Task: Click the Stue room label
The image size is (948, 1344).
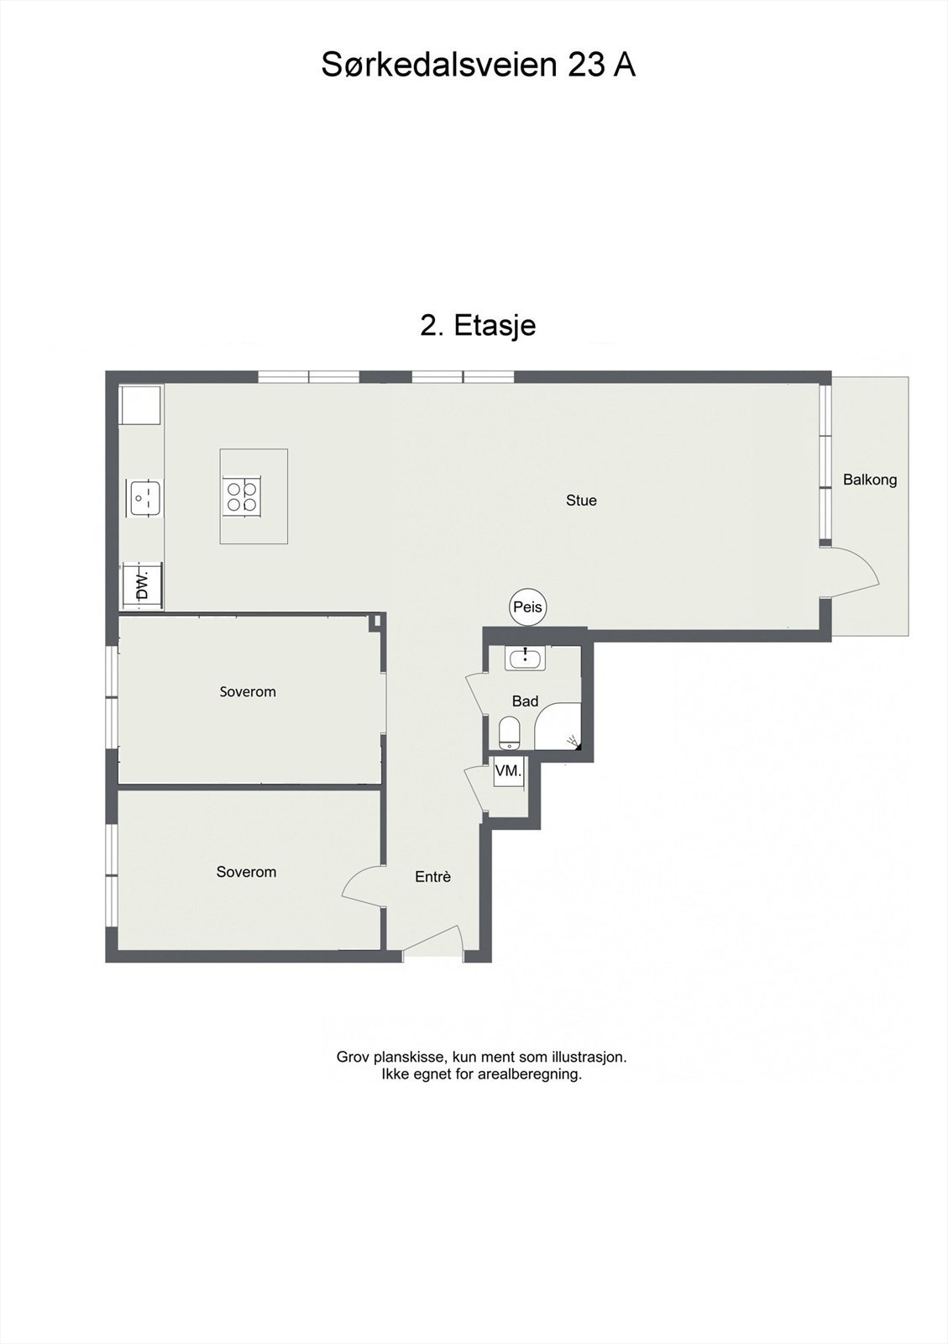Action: (581, 501)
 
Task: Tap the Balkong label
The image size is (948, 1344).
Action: (869, 480)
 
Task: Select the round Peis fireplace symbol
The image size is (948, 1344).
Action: (527, 607)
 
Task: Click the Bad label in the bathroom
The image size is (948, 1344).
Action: (526, 701)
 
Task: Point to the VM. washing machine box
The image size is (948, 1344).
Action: (509, 771)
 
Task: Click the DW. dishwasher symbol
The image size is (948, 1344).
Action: (142, 585)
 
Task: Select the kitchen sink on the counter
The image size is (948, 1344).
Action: (144, 497)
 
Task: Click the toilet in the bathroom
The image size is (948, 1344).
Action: (511, 732)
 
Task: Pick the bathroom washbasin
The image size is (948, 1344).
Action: (526, 659)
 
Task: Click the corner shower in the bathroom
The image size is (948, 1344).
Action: (558, 726)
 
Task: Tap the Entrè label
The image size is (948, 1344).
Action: (433, 877)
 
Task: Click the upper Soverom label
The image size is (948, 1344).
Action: (248, 692)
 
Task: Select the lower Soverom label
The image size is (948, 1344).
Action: (246, 872)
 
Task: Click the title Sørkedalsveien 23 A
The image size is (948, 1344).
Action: (479, 65)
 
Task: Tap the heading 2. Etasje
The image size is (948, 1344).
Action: (478, 325)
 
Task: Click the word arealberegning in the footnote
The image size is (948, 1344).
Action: (530, 1074)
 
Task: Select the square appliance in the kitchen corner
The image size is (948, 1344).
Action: (140, 406)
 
